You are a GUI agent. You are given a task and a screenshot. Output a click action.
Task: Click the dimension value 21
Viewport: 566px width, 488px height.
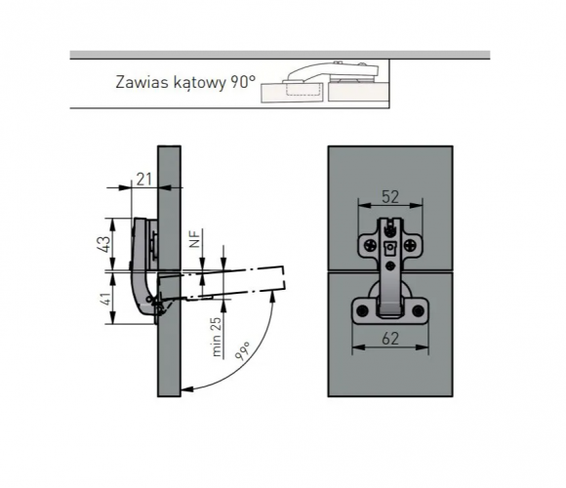tap(144, 180)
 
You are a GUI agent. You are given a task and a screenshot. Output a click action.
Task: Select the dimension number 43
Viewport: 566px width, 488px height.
tap(103, 244)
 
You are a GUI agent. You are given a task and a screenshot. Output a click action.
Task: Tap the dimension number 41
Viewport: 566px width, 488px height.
tap(104, 299)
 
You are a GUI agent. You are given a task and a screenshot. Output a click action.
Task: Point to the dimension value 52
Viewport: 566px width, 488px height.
tap(390, 197)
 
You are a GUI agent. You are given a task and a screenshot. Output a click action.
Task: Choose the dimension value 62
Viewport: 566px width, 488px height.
tap(390, 339)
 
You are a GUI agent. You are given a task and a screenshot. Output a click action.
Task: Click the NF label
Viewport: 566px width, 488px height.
tap(194, 239)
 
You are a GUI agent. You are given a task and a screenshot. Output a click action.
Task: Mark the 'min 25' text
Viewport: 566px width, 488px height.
tap(217, 337)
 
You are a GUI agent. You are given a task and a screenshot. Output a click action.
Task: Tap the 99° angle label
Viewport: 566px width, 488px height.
tap(243, 350)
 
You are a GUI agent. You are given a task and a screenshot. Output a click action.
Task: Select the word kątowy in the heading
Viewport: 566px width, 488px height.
tap(199, 83)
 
